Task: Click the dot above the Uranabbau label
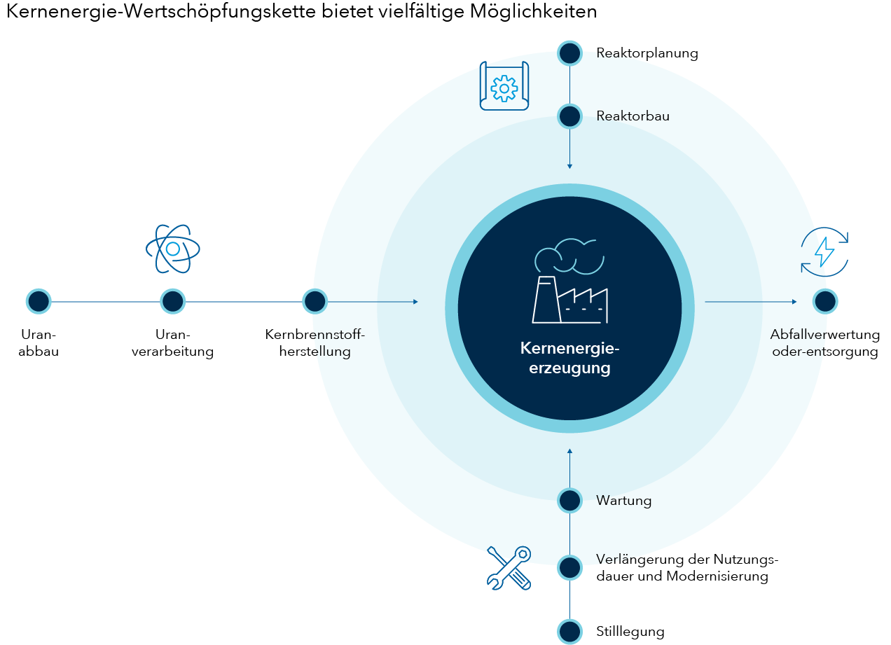coord(39,301)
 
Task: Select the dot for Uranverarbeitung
coord(172,301)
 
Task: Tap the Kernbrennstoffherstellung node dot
coord(315,301)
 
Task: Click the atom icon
coord(172,248)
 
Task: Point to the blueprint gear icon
coord(504,87)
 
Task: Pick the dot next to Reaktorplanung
coord(569,53)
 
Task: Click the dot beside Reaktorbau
coord(569,116)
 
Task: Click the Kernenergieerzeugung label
coord(569,358)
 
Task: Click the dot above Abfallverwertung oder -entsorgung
coord(825,301)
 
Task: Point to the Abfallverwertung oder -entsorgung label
coord(824,343)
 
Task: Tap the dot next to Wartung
coord(569,501)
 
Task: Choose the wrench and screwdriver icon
coord(509,567)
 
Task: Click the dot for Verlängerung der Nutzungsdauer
coord(569,567)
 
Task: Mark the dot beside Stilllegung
coord(569,631)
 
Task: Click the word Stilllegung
coord(630,632)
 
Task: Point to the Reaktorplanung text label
coord(647,53)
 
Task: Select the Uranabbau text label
coord(39,343)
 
